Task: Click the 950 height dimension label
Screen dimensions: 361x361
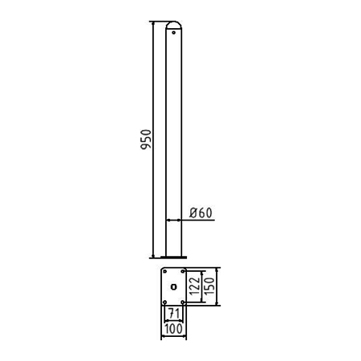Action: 146,140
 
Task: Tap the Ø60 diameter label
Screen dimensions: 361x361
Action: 201,213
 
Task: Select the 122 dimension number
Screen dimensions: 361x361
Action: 195,286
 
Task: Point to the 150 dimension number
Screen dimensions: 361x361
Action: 210,286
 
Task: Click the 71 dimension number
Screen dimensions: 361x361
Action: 174,313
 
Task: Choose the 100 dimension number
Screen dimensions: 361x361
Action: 173,329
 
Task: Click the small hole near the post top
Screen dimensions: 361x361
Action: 173,33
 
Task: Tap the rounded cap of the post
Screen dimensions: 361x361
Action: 173,25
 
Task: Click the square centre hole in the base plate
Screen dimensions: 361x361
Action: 173,287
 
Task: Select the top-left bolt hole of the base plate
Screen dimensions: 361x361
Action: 164,271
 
